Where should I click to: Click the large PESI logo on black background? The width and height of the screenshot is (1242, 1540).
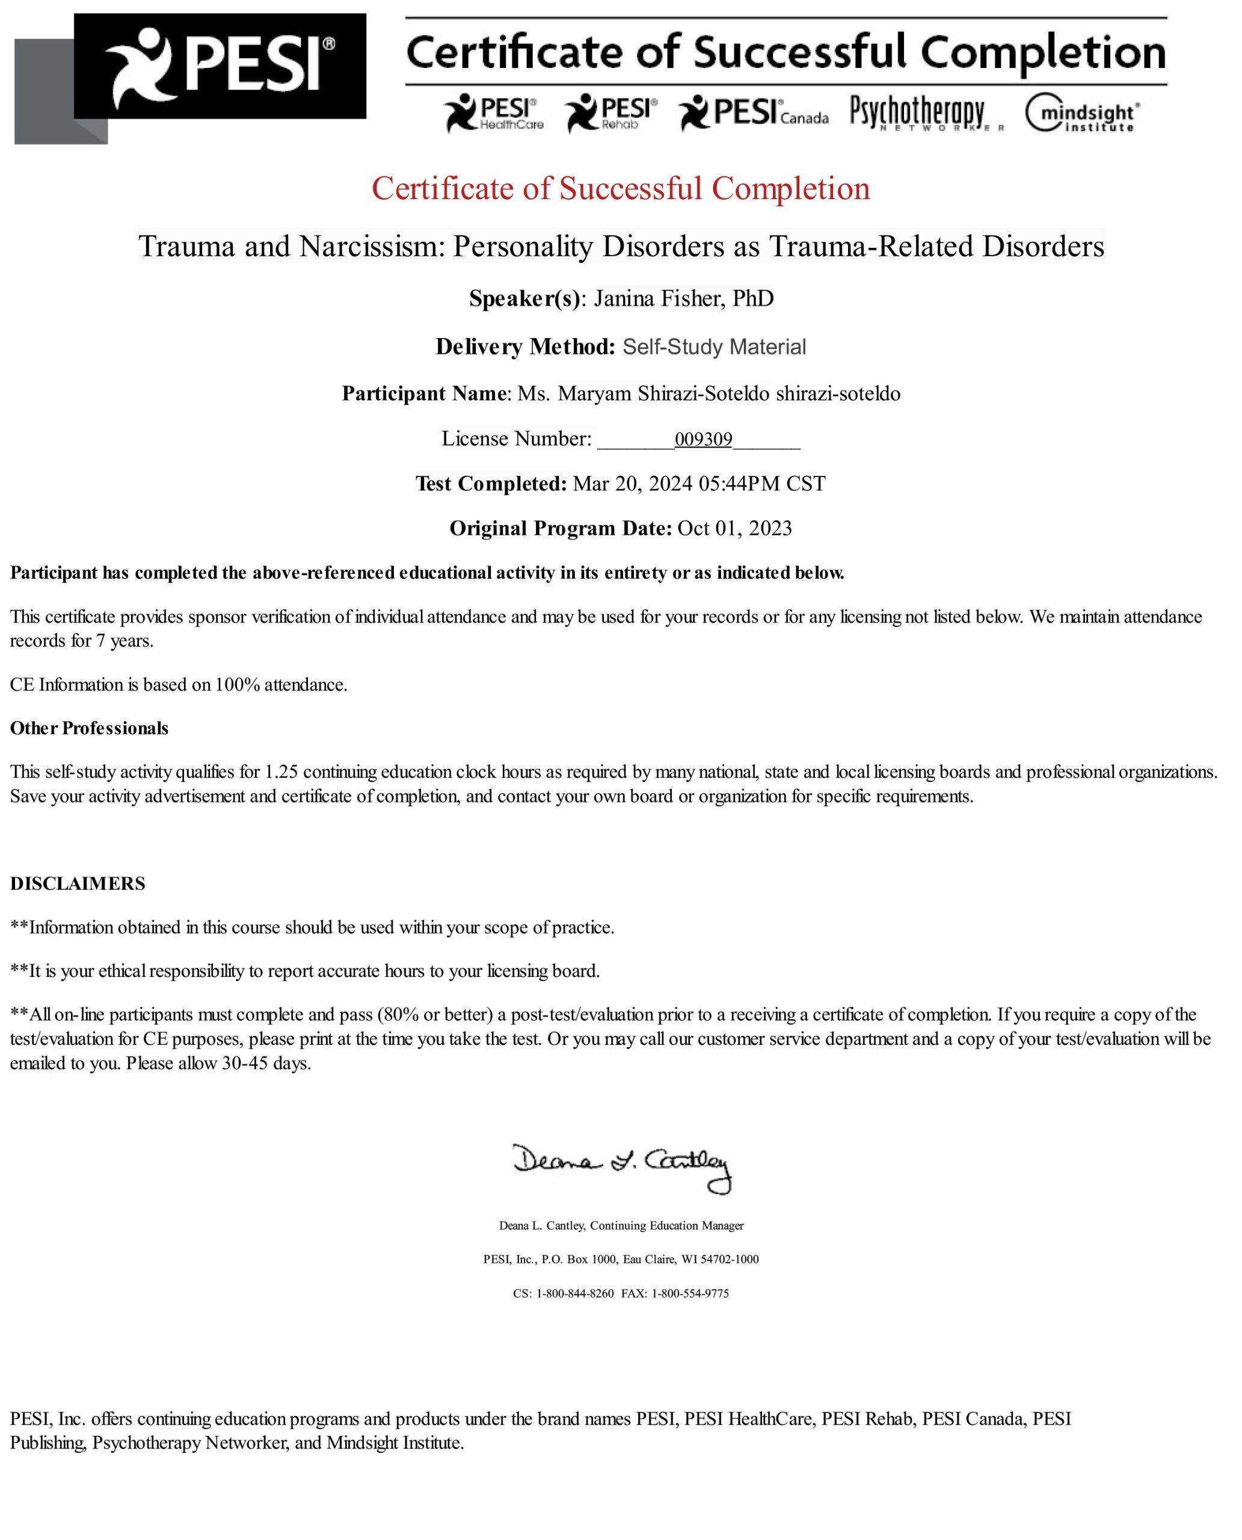point(220,66)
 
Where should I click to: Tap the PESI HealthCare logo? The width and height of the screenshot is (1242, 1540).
point(493,113)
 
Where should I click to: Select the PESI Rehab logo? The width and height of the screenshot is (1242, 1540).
point(610,113)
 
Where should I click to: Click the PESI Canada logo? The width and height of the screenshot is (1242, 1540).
point(754,113)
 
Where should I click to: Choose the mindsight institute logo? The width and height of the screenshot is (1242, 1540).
point(1082,113)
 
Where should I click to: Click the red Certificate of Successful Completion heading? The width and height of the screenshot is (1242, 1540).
point(620,189)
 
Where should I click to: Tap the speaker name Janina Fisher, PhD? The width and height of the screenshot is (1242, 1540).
point(683,298)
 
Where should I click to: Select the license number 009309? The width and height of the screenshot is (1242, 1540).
point(702,439)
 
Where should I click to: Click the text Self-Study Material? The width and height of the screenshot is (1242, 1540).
point(713,347)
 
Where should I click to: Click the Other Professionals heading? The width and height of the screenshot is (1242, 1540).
point(90,728)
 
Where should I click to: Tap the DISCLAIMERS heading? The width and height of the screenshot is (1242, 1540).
point(77,883)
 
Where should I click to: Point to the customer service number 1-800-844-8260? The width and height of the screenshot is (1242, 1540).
point(574,1293)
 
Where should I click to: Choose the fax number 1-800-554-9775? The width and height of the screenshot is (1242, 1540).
point(690,1293)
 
